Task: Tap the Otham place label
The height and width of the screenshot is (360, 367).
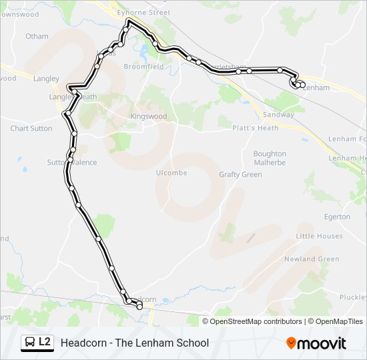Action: click(x=37, y=36)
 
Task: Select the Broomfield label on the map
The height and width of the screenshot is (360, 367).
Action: click(x=144, y=67)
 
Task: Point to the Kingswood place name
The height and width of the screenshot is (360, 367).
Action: click(x=148, y=117)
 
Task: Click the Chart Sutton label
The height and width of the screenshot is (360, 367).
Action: click(x=31, y=128)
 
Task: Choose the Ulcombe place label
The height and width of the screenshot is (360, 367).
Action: click(x=172, y=173)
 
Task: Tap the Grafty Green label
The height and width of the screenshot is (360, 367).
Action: click(x=240, y=175)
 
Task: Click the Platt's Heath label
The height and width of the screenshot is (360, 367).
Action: click(x=255, y=128)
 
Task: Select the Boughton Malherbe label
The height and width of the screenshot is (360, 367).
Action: click(x=270, y=158)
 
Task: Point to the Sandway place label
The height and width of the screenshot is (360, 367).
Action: click(x=278, y=115)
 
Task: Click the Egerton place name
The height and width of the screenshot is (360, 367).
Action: click(x=337, y=217)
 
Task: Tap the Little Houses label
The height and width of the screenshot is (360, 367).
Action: click(x=319, y=236)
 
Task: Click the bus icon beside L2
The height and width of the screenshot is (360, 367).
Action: click(x=30, y=343)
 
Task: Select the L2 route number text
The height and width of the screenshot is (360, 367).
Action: click(x=45, y=342)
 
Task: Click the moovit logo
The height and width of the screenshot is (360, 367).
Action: click(x=316, y=343)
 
